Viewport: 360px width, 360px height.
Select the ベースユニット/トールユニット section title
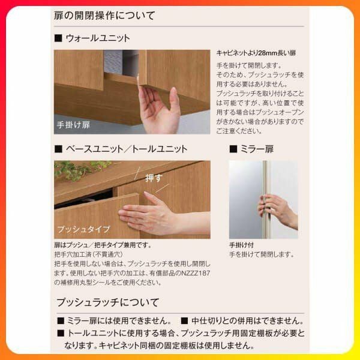point(126,149)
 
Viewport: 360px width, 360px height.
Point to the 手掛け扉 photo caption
point(73,125)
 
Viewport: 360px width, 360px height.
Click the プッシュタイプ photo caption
point(83,229)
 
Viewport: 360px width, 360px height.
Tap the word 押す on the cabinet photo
point(154,178)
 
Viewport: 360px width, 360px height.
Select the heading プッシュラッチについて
point(108,302)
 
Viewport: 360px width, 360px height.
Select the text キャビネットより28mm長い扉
point(256,53)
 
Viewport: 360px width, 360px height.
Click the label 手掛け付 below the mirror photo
point(242,245)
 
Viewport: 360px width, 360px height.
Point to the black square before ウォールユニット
point(58,38)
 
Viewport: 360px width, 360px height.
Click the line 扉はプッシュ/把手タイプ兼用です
point(102,245)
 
